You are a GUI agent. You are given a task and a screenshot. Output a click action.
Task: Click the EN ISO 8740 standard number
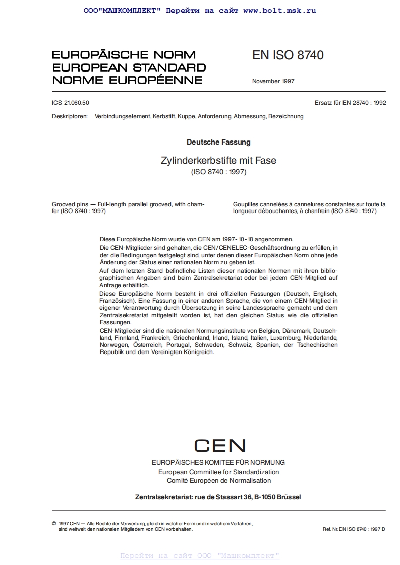(288, 55)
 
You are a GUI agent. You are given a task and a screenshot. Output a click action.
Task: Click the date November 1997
(273, 81)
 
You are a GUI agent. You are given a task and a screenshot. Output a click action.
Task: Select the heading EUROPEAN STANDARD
(129, 68)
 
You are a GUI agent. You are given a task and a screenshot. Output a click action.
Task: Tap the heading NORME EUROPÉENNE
(127, 80)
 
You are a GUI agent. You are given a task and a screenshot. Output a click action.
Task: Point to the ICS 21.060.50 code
(71, 103)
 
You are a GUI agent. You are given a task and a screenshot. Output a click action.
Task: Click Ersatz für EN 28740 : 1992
(350, 103)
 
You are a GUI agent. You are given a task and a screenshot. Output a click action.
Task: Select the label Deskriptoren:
(70, 116)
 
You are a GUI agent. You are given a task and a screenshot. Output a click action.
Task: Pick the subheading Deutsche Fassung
(218, 143)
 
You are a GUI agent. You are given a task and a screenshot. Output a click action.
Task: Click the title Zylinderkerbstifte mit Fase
(218, 161)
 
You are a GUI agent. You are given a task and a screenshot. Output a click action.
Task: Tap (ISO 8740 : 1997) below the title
(218, 172)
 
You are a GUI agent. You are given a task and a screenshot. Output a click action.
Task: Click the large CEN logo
(219, 446)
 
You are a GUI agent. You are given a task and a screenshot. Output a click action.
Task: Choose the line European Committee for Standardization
(218, 472)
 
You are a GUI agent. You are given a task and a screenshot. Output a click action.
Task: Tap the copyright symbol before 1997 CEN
(54, 524)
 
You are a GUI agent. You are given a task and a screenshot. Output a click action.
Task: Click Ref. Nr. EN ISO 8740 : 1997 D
(354, 529)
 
